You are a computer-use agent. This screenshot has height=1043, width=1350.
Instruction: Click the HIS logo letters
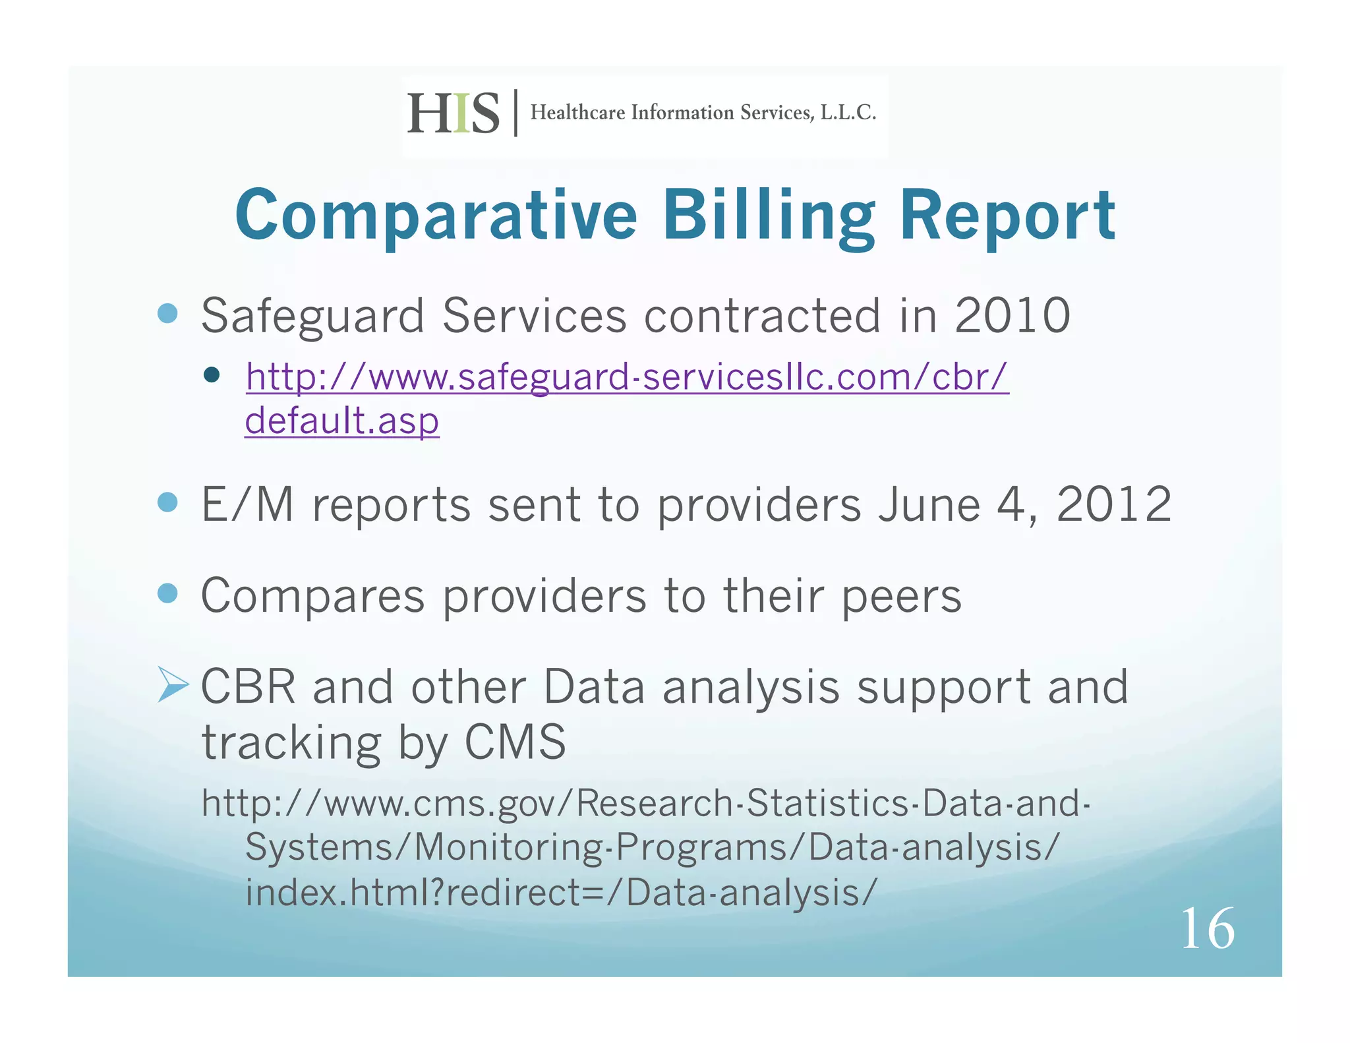coord(454,113)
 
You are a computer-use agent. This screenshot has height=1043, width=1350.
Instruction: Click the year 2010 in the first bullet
coord(1012,315)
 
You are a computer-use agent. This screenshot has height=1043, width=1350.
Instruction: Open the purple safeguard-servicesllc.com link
coord(627,377)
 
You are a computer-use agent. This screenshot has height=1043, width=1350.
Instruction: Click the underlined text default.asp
coord(342,421)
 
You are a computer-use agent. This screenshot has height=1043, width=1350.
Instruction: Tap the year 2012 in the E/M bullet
coord(1114,504)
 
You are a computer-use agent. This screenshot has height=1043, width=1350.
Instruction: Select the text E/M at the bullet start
coord(247,505)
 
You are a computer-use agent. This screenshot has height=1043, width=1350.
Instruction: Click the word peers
coord(902,596)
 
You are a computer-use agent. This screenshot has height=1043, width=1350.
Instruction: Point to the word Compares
coord(312,596)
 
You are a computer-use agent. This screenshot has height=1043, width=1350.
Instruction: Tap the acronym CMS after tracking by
coord(515,742)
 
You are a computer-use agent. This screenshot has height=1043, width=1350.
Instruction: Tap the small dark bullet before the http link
coord(212,375)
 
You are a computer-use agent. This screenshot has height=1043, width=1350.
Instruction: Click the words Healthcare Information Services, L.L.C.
coord(703,113)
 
